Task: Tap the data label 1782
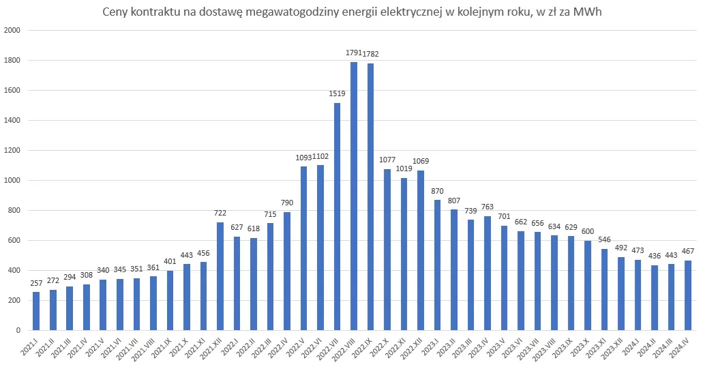(x=371, y=54)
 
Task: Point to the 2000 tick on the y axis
(x=13, y=31)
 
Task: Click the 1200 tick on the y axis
(x=13, y=151)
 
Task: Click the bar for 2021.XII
(x=220, y=276)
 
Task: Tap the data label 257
(x=36, y=282)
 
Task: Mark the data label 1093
(x=303, y=158)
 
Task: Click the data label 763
(x=487, y=207)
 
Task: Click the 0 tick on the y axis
(x=18, y=331)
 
